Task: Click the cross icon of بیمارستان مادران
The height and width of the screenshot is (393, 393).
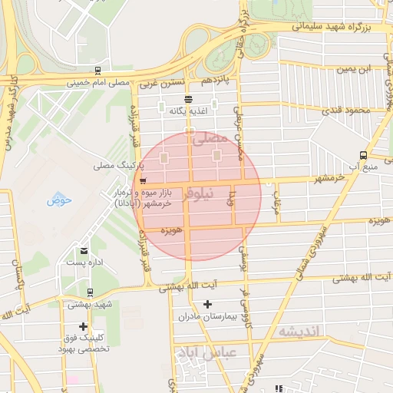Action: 207,305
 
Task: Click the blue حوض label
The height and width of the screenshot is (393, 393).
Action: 58,201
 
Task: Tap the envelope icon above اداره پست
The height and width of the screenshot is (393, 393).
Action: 84,250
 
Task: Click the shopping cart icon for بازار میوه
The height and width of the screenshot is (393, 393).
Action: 144,180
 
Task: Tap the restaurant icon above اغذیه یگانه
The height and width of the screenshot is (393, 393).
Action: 189,99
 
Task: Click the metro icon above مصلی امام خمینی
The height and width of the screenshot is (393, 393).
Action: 97,71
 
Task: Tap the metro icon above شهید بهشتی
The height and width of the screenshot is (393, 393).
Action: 91,292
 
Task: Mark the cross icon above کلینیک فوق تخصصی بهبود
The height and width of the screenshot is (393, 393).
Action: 83,326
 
